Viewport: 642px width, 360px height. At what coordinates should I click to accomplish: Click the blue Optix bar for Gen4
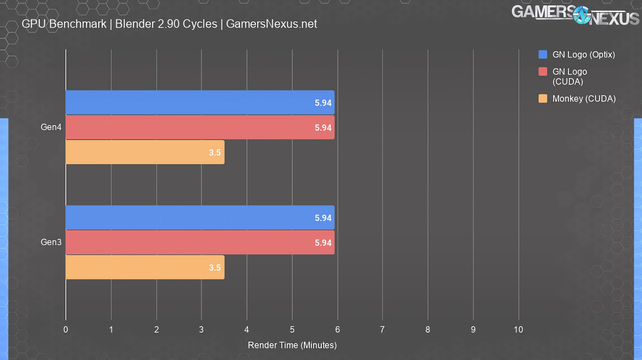click(200, 102)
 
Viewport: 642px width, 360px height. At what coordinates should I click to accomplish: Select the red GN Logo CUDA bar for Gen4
click(200, 127)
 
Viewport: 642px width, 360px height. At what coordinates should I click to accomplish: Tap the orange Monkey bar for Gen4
click(145, 152)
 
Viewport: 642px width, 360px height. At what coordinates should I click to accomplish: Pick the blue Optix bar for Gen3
click(200, 217)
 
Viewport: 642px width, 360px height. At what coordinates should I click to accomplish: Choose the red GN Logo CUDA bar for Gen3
click(200, 242)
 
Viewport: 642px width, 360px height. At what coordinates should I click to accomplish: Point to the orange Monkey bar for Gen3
click(145, 267)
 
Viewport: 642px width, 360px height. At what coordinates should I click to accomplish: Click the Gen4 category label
click(51, 127)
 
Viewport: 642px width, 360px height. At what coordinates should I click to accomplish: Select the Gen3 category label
click(51, 242)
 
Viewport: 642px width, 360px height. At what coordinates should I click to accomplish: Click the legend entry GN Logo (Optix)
click(583, 55)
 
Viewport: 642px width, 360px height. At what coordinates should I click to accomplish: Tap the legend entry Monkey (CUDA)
click(584, 98)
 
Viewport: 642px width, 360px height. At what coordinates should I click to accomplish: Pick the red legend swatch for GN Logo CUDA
click(543, 71)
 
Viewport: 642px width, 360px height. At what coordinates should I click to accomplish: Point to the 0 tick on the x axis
click(66, 330)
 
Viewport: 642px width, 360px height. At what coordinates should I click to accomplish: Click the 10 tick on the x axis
click(518, 330)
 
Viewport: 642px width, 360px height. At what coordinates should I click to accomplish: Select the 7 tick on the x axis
click(383, 330)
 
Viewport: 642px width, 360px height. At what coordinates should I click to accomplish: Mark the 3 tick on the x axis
click(202, 330)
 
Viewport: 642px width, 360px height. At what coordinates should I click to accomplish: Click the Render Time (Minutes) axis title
click(292, 345)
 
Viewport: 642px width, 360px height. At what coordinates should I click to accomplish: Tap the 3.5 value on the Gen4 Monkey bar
click(215, 152)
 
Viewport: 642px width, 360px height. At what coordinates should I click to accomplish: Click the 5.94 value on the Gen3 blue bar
click(323, 218)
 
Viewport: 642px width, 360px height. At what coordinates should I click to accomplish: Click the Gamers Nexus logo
click(575, 14)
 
